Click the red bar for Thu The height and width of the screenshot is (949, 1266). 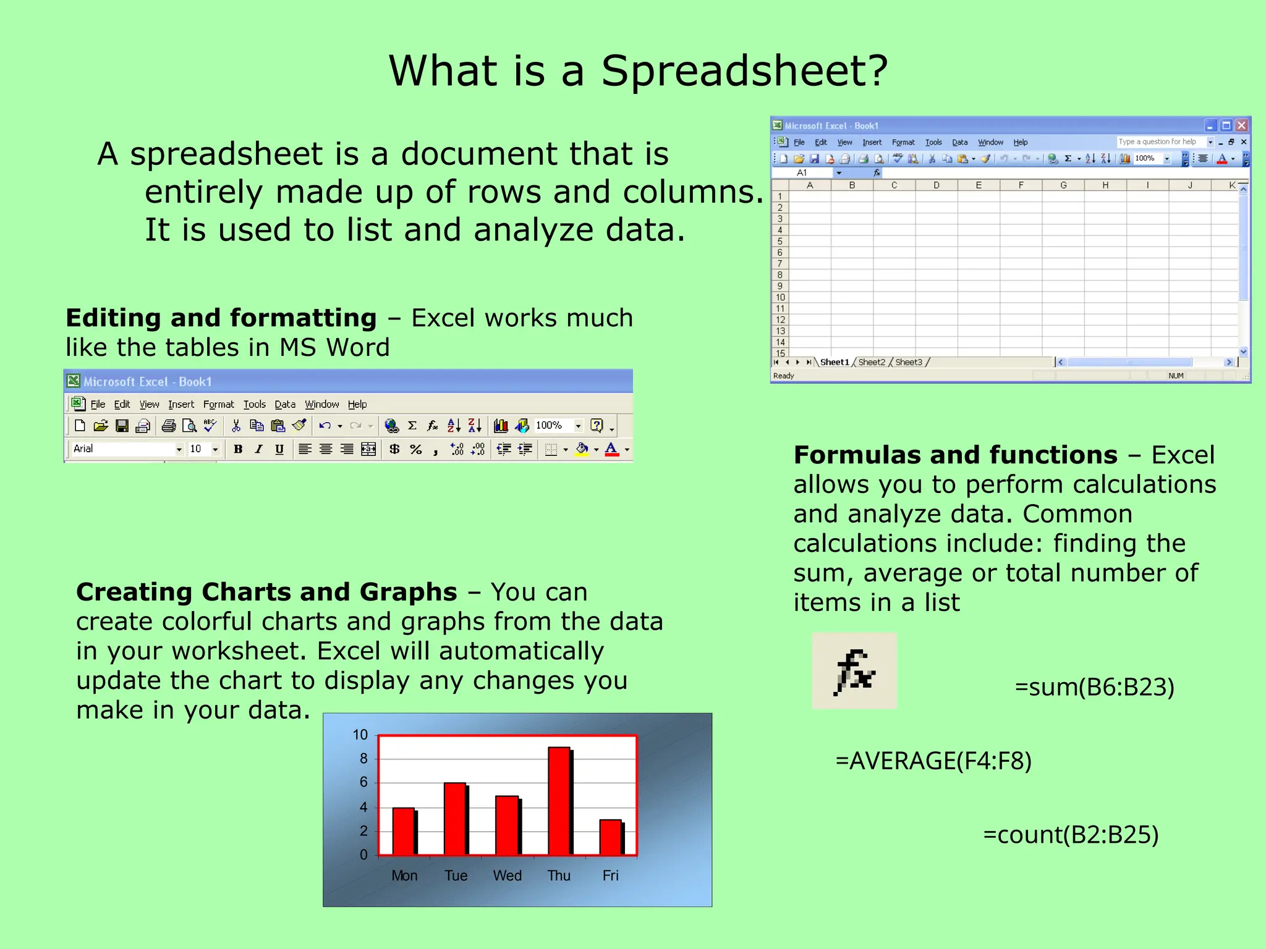(x=559, y=801)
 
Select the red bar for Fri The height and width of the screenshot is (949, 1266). (x=611, y=837)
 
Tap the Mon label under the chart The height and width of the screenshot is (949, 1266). (x=404, y=875)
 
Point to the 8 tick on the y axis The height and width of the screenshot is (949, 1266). (x=363, y=759)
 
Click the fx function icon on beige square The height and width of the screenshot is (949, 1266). (x=854, y=671)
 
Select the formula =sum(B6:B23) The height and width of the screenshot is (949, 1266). (x=1094, y=687)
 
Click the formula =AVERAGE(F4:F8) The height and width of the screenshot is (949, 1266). (x=933, y=761)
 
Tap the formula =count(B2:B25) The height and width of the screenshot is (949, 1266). (x=1070, y=835)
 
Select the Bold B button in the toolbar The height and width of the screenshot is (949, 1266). (x=238, y=449)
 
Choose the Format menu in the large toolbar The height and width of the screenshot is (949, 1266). (x=218, y=405)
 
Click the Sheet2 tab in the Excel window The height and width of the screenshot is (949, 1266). (x=871, y=362)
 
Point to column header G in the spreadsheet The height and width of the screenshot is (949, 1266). (x=1063, y=185)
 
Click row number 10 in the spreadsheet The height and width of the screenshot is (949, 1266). (x=780, y=297)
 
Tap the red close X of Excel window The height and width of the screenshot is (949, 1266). (x=1241, y=125)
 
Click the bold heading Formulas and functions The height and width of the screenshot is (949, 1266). (x=955, y=455)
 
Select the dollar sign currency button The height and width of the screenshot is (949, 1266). (x=394, y=449)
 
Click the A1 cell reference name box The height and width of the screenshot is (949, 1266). (x=803, y=173)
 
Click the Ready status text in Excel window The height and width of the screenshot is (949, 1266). (x=783, y=376)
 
